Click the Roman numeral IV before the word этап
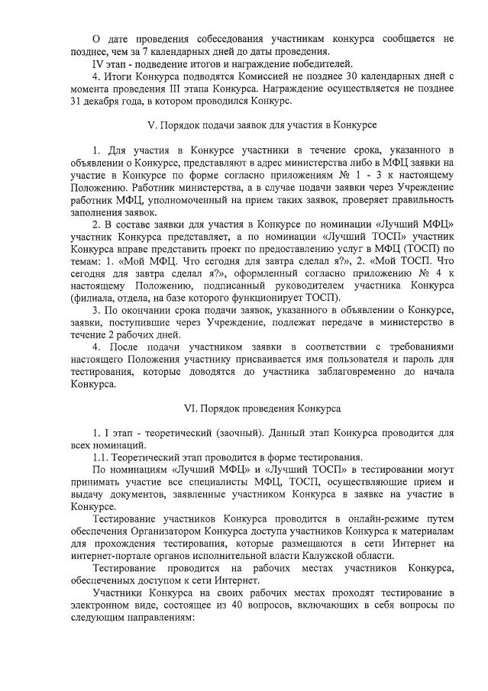click(x=97, y=63)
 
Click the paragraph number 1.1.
click(x=101, y=457)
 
